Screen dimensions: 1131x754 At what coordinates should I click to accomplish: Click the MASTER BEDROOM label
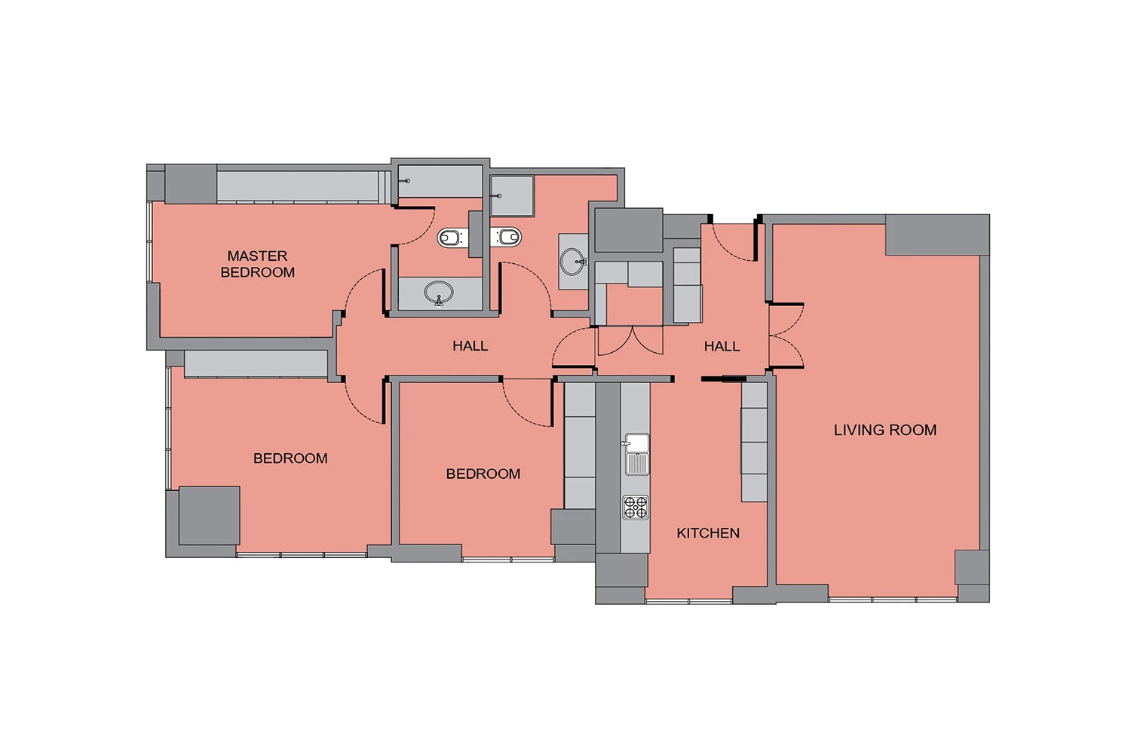point(258,264)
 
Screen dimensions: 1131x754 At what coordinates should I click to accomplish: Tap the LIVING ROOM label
point(885,430)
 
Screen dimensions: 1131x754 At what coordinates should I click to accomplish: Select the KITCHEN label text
point(708,533)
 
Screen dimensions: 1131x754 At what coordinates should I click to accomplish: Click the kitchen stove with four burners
point(635,507)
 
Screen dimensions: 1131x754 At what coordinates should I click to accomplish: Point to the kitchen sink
point(636,454)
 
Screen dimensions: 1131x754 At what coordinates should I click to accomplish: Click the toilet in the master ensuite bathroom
point(450,237)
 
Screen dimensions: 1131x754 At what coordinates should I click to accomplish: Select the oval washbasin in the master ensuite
point(439,293)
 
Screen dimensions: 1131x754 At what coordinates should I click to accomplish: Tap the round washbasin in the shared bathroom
point(573,262)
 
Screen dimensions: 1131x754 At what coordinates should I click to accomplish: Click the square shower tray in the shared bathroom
point(512,195)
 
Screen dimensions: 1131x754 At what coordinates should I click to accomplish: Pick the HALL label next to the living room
point(722,346)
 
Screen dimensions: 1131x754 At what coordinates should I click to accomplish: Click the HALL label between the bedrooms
point(470,346)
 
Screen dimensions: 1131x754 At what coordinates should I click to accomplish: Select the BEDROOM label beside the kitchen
point(483,474)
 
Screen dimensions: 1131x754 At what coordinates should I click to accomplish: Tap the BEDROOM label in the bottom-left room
point(290,458)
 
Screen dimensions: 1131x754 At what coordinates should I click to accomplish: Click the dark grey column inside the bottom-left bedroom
point(209,516)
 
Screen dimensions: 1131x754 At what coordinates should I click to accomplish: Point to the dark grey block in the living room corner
point(937,234)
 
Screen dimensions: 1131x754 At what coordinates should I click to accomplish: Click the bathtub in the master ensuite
point(440,181)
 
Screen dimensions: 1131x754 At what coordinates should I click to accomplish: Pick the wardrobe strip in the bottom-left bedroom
point(256,363)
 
